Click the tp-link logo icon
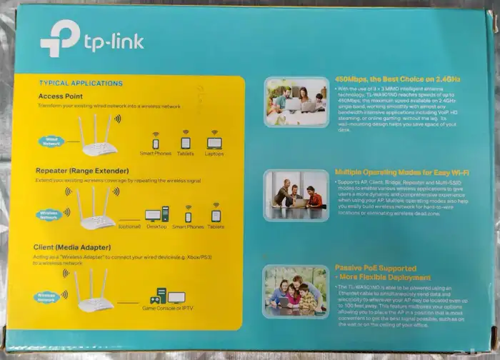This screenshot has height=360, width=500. (59, 39)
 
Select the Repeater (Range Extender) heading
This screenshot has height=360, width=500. (81, 171)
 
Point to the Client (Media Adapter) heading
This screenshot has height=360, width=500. (76, 247)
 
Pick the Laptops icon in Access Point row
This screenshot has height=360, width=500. (214, 140)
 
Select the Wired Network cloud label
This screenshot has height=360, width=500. (52, 142)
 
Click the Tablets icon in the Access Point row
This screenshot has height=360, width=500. (185, 139)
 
